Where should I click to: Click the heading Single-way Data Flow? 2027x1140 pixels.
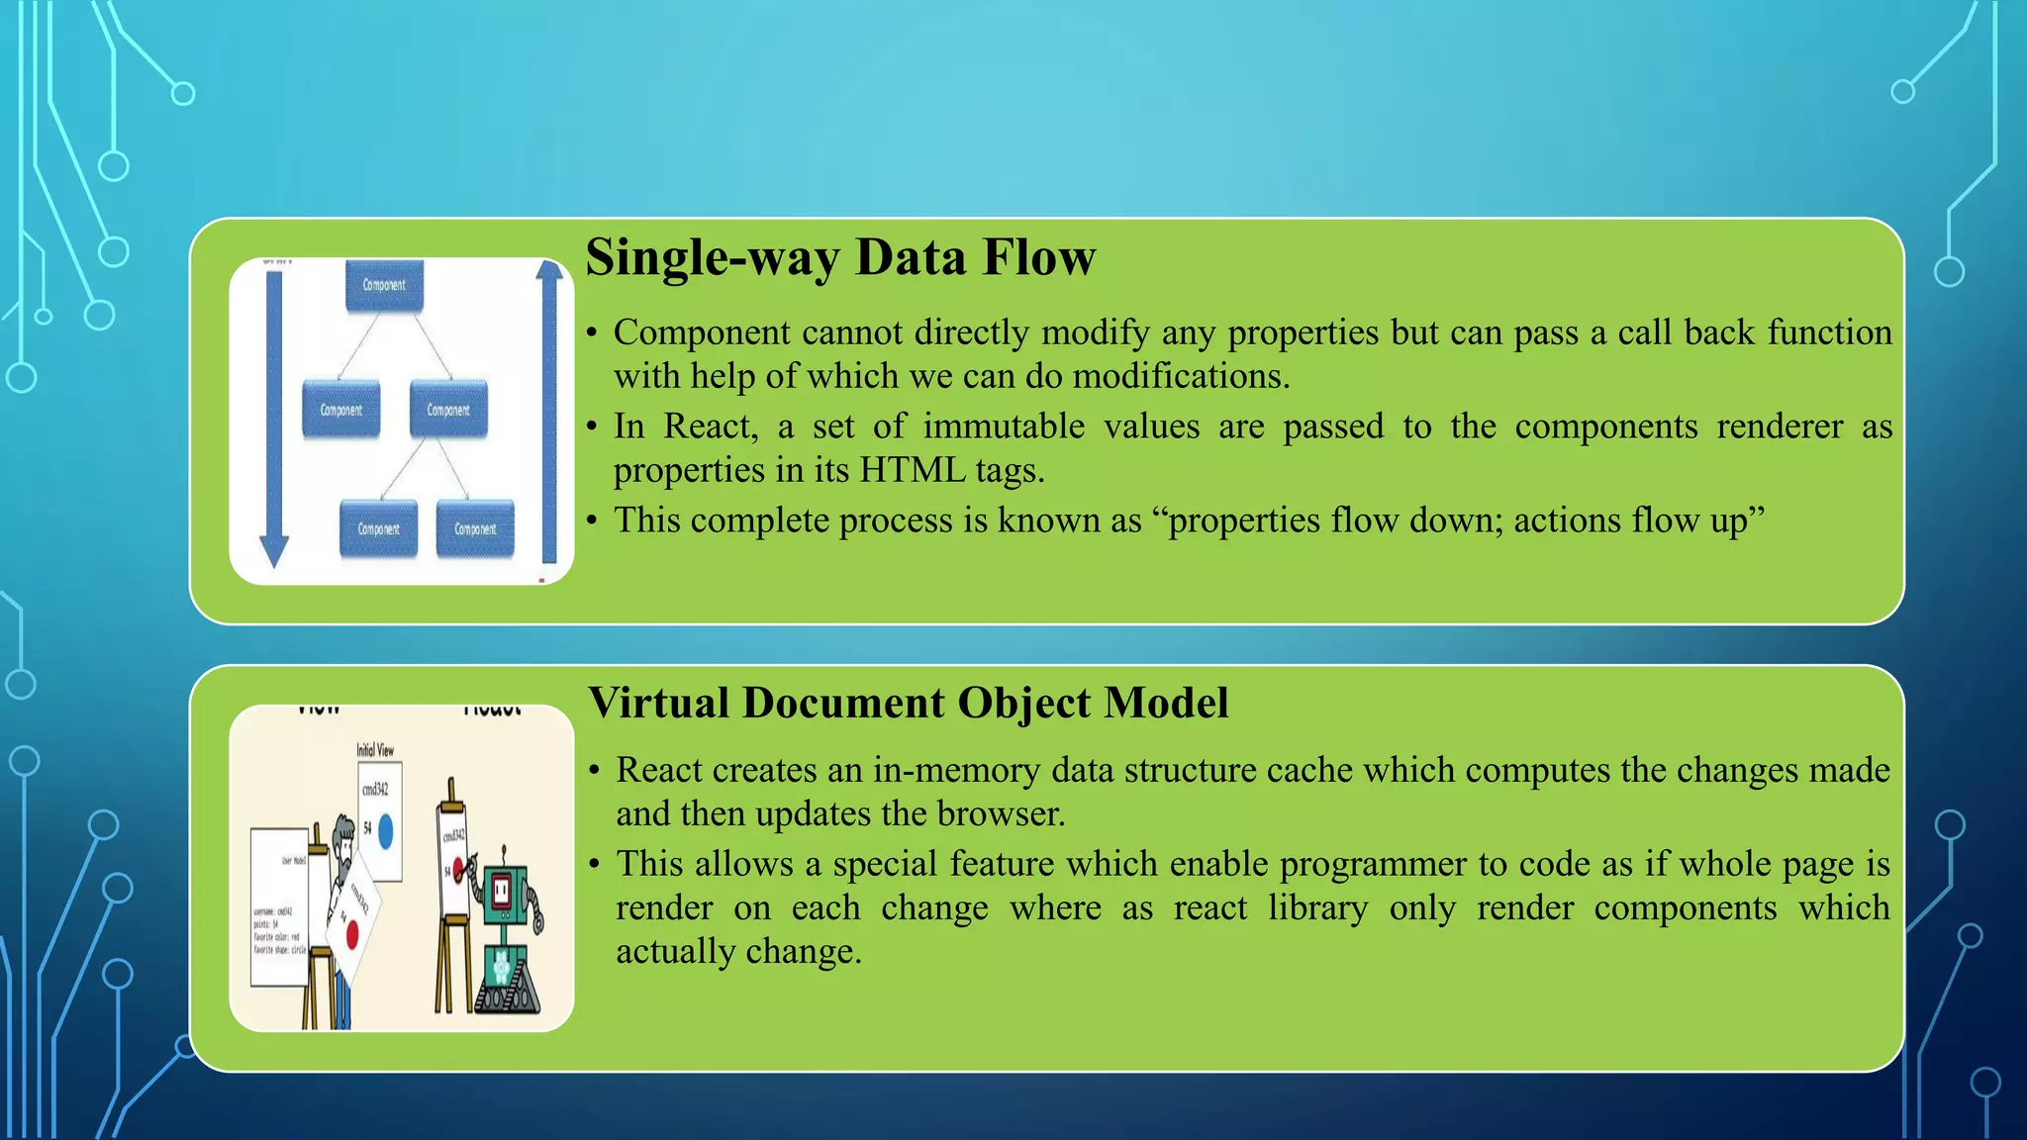coord(840,257)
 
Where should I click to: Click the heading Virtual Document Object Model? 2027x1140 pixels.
coord(908,703)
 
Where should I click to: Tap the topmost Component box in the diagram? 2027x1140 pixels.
coord(384,285)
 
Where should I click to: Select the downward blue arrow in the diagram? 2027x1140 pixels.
coord(274,416)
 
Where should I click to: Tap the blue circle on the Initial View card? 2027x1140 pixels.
coord(386,830)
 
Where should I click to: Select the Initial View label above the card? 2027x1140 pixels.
coord(375,750)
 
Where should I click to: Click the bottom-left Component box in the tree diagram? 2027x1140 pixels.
coord(378,528)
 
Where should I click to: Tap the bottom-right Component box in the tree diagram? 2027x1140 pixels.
coord(475,528)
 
